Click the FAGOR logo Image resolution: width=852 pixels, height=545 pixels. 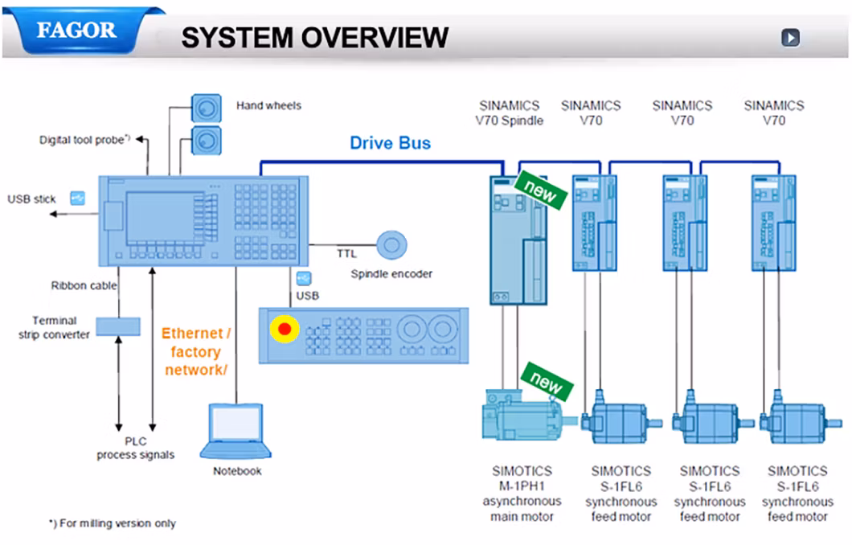click(x=76, y=31)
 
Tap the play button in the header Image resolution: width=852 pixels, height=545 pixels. click(x=791, y=38)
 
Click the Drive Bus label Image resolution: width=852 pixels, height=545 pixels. click(x=390, y=143)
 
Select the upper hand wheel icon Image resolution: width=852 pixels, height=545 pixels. click(x=207, y=109)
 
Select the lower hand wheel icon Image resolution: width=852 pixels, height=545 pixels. click(x=207, y=141)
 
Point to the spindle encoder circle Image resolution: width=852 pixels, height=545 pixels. click(x=391, y=245)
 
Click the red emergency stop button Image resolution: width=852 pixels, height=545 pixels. click(x=285, y=329)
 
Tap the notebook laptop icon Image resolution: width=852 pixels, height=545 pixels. click(x=236, y=432)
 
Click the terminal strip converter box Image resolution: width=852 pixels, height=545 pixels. click(x=118, y=326)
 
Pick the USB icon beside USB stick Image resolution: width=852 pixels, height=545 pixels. click(x=78, y=199)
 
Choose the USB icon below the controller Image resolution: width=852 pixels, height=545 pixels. click(x=304, y=279)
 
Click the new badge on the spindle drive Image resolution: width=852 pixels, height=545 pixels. click(x=541, y=191)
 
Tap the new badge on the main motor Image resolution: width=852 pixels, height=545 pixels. click(x=547, y=382)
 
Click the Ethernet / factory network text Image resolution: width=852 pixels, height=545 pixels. click(x=196, y=351)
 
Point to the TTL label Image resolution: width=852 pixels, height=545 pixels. click(x=346, y=254)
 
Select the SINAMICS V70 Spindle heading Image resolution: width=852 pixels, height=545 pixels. click(x=509, y=113)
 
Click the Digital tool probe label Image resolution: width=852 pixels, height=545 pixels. click(x=84, y=140)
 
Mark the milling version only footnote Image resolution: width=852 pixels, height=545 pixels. click(x=113, y=523)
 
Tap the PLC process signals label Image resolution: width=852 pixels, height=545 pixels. click(x=136, y=448)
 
